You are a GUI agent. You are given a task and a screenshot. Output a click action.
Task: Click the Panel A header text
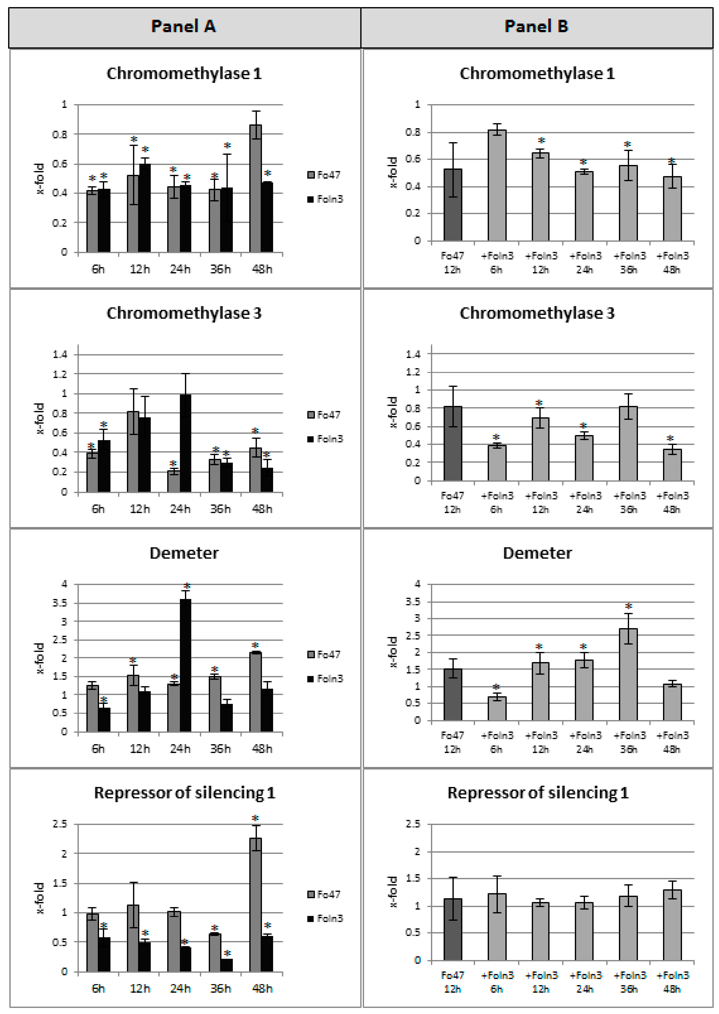[183, 27]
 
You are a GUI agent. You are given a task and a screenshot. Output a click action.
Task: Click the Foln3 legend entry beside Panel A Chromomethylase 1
[325, 199]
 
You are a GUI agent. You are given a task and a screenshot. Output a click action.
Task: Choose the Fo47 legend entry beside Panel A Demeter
[324, 654]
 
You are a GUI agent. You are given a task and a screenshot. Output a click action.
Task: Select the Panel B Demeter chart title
[537, 553]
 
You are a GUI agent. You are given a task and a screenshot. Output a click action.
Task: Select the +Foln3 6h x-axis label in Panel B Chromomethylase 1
[497, 262]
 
